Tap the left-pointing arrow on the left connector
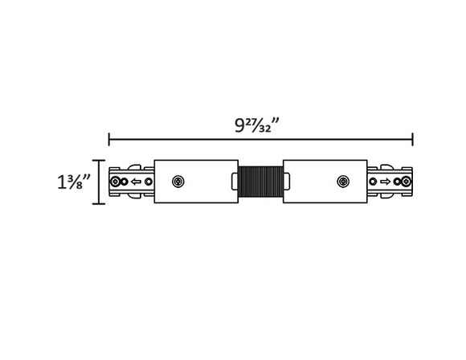click(135, 182)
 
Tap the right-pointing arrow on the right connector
click(386, 182)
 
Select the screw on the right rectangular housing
click(342, 182)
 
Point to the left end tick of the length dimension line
click(109, 139)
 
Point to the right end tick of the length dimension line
click(413, 139)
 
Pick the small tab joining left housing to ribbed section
click(237, 182)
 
